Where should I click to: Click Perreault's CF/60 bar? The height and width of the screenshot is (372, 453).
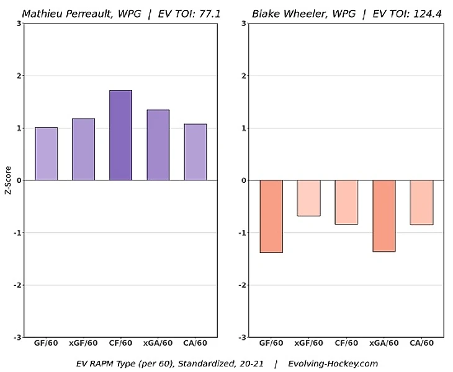120,135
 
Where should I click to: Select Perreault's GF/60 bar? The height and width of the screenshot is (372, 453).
46,154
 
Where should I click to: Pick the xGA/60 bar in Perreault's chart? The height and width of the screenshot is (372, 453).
158,145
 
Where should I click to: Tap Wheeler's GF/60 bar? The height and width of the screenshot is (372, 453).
271,216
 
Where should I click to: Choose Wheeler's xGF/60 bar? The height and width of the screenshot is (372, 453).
308,198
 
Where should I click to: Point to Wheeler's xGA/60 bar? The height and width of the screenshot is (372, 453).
383,216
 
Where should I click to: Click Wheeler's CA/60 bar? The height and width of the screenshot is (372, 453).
421,202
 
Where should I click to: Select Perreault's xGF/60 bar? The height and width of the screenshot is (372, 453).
83,149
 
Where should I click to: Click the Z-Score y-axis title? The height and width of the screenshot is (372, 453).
7,180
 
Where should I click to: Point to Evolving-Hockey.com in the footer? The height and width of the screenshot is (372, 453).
333,363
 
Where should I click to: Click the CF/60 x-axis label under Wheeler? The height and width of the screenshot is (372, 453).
346,343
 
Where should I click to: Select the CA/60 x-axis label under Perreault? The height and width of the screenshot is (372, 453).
195,343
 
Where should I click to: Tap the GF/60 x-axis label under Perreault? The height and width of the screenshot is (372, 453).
46,343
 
